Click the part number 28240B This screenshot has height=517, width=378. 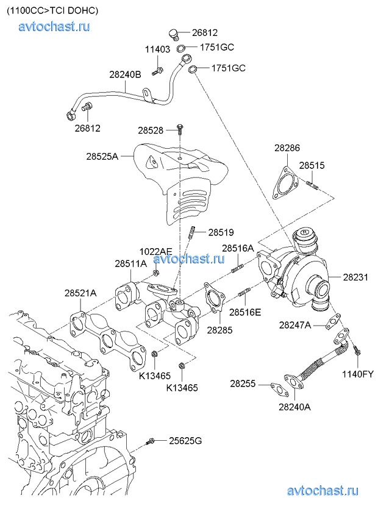125,74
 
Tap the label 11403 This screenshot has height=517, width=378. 157,49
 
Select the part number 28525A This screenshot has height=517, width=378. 102,156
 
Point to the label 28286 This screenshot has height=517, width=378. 287,148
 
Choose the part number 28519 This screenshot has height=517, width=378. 221,232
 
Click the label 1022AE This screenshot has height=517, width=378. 156,251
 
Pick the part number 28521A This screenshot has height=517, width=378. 80,293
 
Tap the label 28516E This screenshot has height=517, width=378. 245,312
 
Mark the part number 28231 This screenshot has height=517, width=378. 355,277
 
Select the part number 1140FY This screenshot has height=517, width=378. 358,373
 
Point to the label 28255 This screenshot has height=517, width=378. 243,384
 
